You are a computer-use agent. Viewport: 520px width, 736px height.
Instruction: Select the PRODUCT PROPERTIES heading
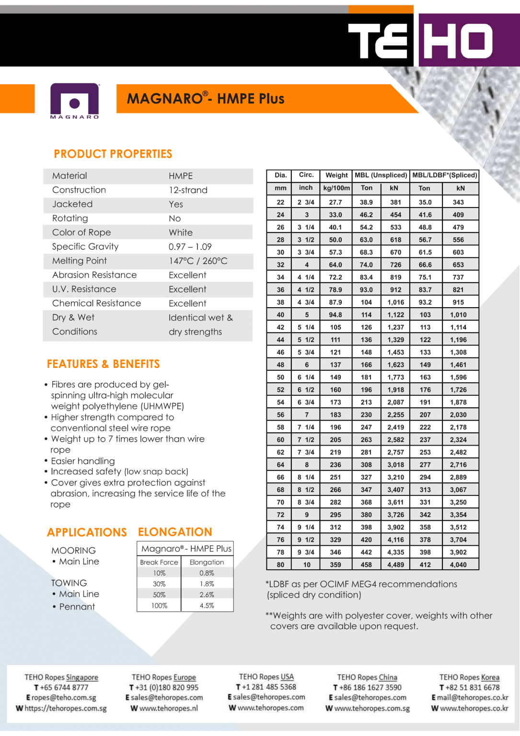pos(113,154)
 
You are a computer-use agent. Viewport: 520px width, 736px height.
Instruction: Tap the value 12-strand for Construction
pos(188,190)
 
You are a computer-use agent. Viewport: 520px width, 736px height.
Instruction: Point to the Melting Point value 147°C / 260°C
pos(198,261)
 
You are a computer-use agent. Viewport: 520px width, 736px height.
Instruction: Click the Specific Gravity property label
pos(85,247)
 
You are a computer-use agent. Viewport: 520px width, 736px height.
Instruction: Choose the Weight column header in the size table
pos(336,175)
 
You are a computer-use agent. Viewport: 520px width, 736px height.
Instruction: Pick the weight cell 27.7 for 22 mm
pos(335,202)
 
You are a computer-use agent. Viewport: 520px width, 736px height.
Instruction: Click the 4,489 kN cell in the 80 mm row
pos(395,565)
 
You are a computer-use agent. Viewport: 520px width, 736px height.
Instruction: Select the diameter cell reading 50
pos(280,378)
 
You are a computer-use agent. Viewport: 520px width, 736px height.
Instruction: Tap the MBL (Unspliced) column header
pos(381,175)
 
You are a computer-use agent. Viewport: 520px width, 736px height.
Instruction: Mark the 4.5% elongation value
pos(207,606)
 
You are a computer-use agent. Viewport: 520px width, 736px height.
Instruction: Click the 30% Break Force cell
pos(159,584)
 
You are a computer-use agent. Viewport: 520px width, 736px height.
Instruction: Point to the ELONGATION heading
pos(175,532)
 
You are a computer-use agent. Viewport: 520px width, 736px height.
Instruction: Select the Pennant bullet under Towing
pos(77,607)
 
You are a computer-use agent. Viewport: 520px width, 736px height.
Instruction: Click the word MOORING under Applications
pos(73,551)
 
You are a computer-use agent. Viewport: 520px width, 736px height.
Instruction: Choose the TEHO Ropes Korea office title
pos(469,678)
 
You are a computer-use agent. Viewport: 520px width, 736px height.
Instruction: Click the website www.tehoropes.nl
pos(168,708)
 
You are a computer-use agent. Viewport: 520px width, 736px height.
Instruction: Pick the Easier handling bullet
pos(83,461)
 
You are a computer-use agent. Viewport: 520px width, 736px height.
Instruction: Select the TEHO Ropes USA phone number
pos(269,687)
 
